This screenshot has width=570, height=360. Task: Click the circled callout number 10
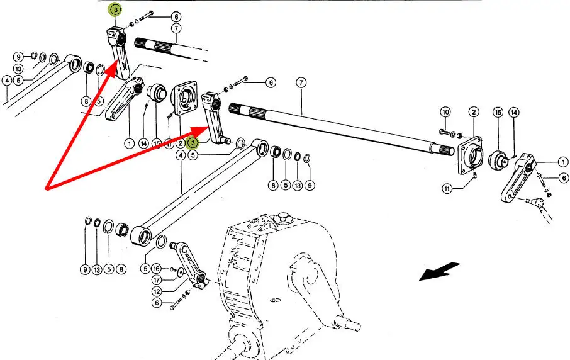[x=445, y=113]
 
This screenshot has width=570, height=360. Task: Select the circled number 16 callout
[x=156, y=269]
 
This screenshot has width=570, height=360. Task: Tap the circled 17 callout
[x=156, y=279]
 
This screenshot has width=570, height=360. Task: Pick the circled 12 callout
[x=156, y=291]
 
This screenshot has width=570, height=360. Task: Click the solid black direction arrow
[x=439, y=272]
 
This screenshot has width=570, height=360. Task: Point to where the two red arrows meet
[x=47, y=188]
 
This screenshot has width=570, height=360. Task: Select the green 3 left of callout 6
[x=115, y=9]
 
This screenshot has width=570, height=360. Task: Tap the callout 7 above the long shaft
[x=301, y=82]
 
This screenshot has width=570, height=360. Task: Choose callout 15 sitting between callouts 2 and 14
[x=497, y=113]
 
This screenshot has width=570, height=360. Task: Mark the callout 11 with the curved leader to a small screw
[x=447, y=188]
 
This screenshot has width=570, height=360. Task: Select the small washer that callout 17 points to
[x=180, y=272]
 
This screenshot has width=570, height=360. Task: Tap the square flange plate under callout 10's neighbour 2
[x=471, y=153]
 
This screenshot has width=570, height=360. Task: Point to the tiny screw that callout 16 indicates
[x=173, y=268]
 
